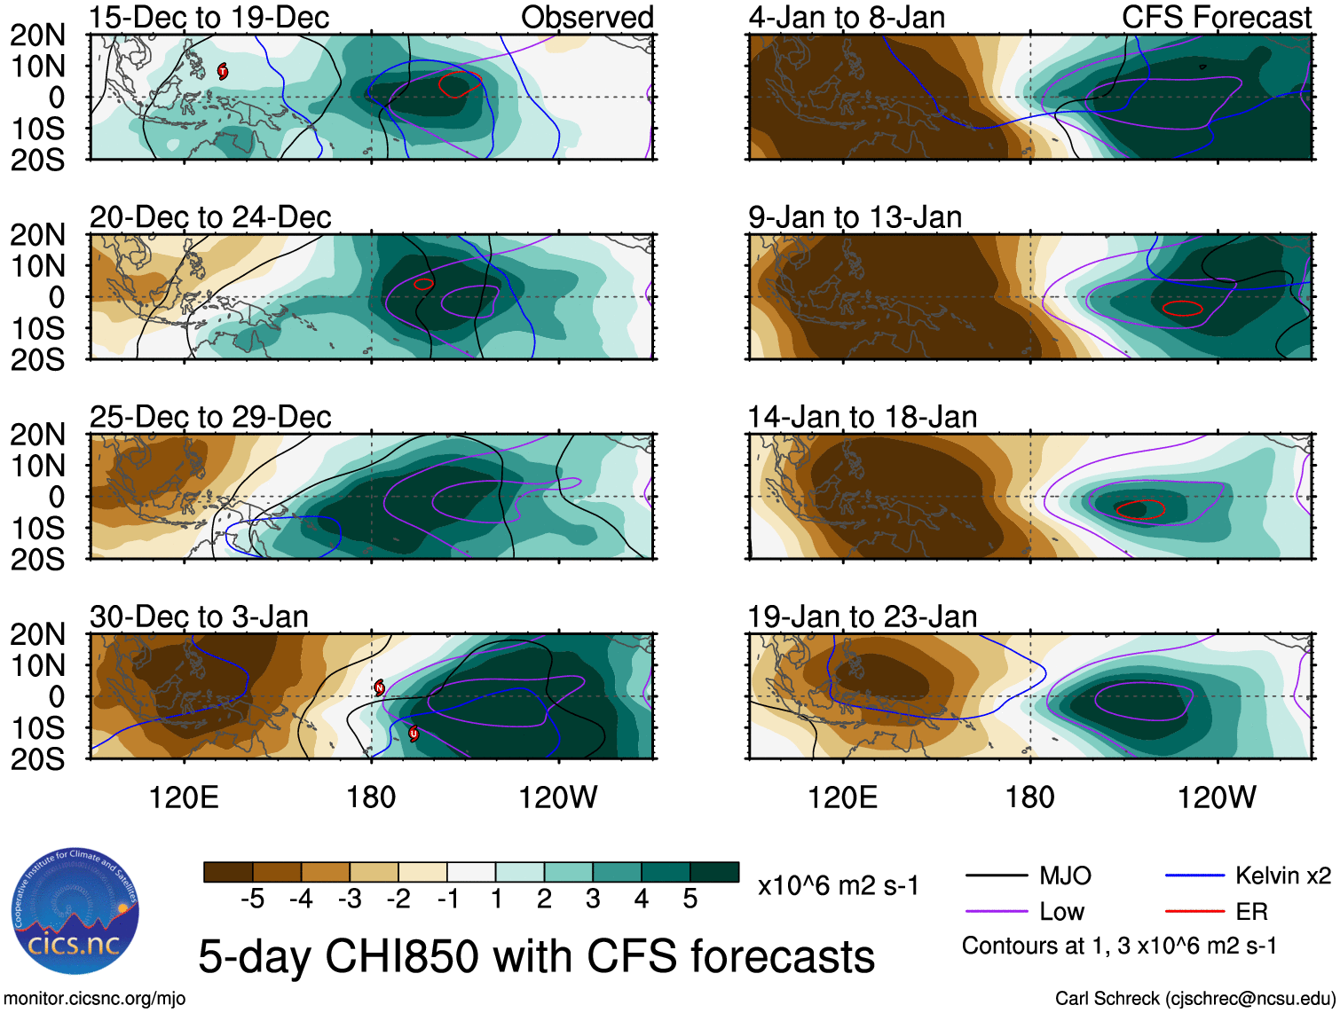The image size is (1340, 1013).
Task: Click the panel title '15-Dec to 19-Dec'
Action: click(x=209, y=18)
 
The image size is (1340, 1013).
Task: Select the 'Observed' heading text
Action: click(x=587, y=18)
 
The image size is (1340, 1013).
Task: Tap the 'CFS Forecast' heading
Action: click(x=1216, y=18)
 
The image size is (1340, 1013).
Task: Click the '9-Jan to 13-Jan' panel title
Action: click(x=855, y=217)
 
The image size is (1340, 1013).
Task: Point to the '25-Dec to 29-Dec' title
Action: click(x=210, y=417)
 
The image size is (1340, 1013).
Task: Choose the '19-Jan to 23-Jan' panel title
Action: click(x=862, y=616)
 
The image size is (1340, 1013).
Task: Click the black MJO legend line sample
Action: click(x=997, y=876)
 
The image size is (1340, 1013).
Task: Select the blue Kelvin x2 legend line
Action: click(x=1194, y=876)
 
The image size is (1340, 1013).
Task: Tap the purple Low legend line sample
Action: click(x=997, y=911)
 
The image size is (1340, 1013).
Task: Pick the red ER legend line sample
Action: click(x=1194, y=911)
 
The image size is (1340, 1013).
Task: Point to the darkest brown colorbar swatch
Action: click(x=228, y=872)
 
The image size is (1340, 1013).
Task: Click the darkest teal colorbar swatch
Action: click(x=714, y=872)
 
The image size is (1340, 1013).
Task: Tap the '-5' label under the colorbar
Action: click(x=252, y=899)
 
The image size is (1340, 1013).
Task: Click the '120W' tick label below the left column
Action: click(x=557, y=797)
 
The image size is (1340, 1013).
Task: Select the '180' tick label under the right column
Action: click(x=1029, y=797)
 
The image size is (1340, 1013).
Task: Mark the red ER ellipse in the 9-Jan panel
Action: click(x=1183, y=309)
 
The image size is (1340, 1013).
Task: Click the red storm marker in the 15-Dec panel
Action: click(x=223, y=71)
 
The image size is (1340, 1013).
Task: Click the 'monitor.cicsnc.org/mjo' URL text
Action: click(x=96, y=999)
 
